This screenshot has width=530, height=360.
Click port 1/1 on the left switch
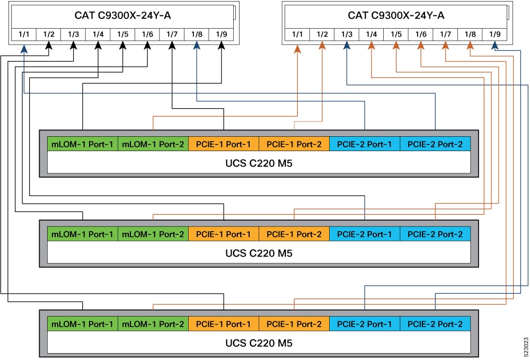click(24, 35)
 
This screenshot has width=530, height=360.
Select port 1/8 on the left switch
click(197, 35)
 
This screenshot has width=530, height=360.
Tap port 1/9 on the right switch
click(494, 35)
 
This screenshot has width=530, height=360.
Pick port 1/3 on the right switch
click(347, 35)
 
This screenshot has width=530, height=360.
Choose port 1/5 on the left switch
click(122, 35)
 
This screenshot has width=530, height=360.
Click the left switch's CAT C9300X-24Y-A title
click(122, 15)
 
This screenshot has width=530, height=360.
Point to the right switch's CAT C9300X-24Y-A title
click(396, 15)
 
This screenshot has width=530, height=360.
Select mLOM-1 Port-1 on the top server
click(82, 144)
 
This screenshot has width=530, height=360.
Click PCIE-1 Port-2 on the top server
click(294, 144)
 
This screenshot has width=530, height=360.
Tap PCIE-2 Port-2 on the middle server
click(435, 234)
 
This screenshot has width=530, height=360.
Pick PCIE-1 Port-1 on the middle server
click(223, 234)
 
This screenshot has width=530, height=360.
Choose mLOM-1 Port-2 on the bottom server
click(153, 324)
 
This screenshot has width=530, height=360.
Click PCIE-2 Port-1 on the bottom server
click(365, 324)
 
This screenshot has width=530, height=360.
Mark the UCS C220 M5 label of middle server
click(259, 253)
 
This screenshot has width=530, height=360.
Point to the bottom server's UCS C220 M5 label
click(259, 344)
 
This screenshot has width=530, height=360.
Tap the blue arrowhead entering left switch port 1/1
click(24, 48)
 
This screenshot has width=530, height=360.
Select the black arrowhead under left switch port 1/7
click(172, 47)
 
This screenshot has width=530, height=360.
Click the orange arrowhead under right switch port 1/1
click(297, 48)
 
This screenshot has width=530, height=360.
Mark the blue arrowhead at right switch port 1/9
click(494, 47)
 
